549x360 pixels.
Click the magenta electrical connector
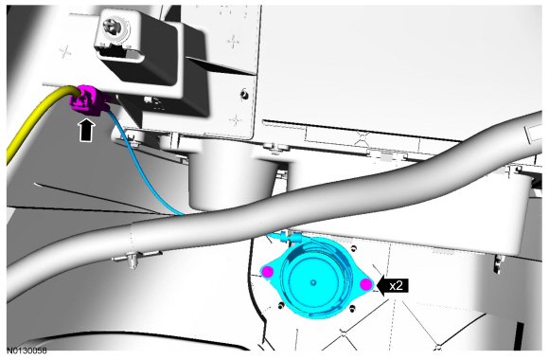pos(85,99)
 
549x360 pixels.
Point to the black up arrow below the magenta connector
pos(87,131)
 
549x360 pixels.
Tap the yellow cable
pos(35,116)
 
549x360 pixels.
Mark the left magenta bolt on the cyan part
pos(268,272)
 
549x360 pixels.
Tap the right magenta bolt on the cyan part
pos(366,284)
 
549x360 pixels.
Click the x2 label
pos(396,286)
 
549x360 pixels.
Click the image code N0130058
pos(27,351)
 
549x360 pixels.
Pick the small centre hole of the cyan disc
pos(313,282)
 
